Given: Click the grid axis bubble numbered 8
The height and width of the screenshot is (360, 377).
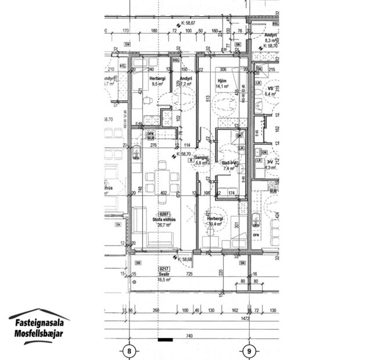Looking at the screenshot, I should click(x=130, y=350).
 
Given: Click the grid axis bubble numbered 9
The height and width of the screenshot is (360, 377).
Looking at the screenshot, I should click(x=249, y=350).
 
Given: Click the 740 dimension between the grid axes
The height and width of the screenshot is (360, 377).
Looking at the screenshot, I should click(x=188, y=337).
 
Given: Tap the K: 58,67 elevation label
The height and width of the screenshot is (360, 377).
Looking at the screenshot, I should click(x=189, y=23).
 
